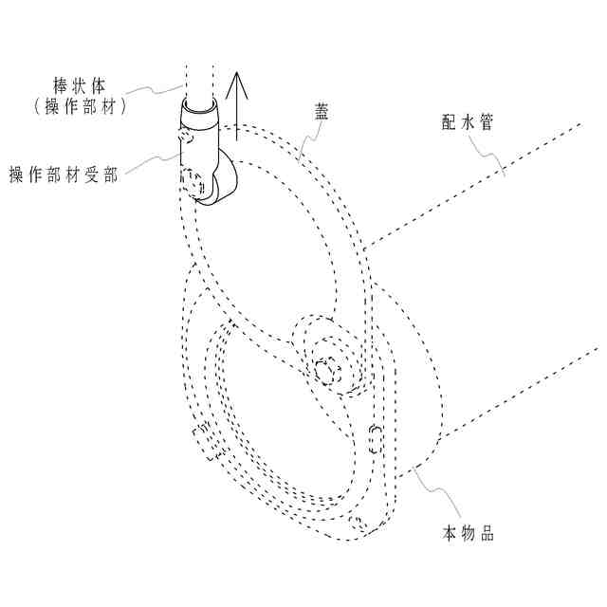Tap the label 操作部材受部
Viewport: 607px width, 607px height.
64,175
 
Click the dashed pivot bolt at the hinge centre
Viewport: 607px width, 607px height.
328,368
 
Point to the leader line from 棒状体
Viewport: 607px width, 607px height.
156,90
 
